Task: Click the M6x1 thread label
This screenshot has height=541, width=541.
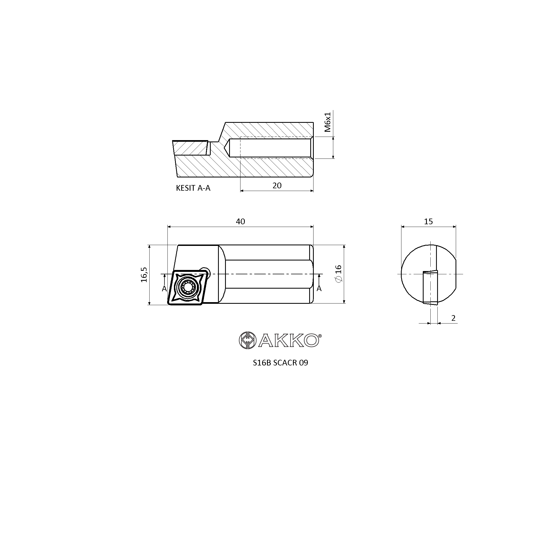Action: [x=328, y=122]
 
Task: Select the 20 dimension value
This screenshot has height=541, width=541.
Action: [x=277, y=186]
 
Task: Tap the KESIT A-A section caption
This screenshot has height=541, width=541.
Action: [x=193, y=188]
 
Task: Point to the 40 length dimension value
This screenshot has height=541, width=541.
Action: [x=240, y=222]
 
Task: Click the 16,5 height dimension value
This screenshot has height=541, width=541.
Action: [x=144, y=275]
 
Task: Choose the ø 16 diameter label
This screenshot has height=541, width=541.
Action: [x=338, y=273]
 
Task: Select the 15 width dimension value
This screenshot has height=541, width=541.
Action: [x=428, y=222]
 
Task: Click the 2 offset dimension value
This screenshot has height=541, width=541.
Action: [x=453, y=318]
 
